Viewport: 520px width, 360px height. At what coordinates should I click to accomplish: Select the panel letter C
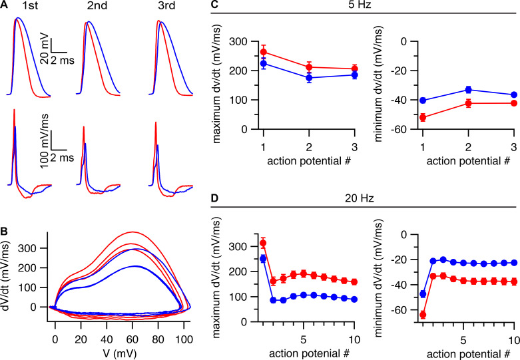click(x=214, y=5)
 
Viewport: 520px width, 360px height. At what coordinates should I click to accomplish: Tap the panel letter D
click(x=214, y=198)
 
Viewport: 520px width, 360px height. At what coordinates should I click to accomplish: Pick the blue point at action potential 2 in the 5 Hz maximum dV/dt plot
click(x=309, y=78)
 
